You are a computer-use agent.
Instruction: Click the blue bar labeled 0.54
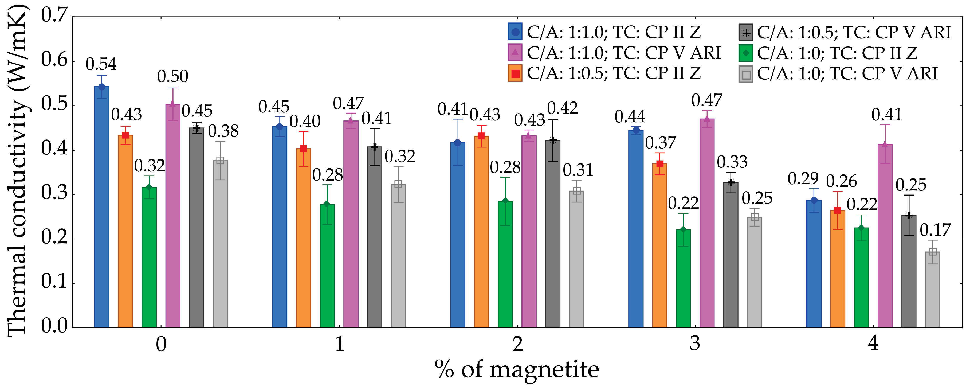[102, 207]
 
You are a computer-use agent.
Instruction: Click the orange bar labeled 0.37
[659, 245]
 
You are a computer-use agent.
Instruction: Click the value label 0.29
[803, 179]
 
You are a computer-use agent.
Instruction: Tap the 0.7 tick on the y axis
[54, 16]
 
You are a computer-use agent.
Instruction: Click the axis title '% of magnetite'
[517, 370]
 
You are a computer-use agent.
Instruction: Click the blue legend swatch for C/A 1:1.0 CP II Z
[515, 32]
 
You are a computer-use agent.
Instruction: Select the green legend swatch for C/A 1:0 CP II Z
[745, 53]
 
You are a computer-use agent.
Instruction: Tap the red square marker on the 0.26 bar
[838, 210]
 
